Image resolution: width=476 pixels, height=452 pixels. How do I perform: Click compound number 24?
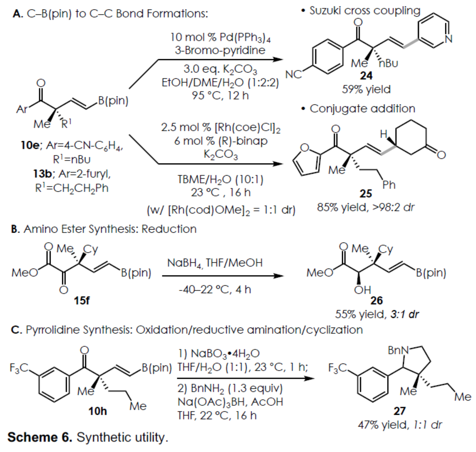pos(367,76)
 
